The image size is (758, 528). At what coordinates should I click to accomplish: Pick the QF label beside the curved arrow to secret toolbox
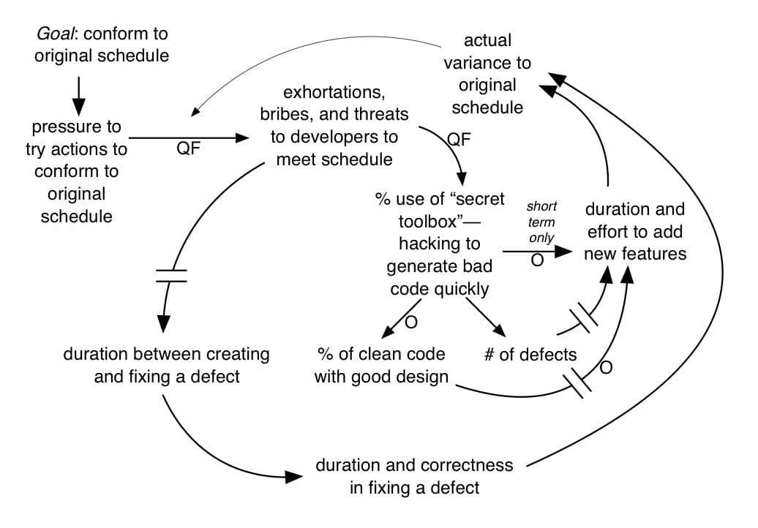[459, 139]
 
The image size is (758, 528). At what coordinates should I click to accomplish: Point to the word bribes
[286, 115]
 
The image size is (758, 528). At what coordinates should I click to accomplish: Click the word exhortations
[334, 93]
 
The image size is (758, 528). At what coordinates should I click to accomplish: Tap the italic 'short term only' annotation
[541, 222]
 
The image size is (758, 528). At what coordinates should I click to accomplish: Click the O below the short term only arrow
[537, 261]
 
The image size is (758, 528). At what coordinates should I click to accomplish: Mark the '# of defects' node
[530, 355]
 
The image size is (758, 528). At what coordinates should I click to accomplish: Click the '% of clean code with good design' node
[380, 366]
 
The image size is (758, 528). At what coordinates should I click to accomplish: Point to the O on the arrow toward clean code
[410, 322]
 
